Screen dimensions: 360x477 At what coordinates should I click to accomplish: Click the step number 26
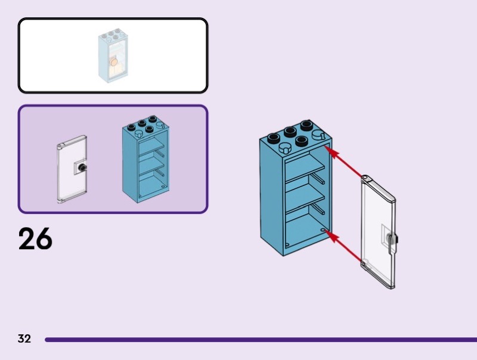[x=35, y=238]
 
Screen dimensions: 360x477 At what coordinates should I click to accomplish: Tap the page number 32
[x=24, y=339]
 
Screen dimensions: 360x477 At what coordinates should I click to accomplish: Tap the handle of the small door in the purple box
[x=83, y=169]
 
